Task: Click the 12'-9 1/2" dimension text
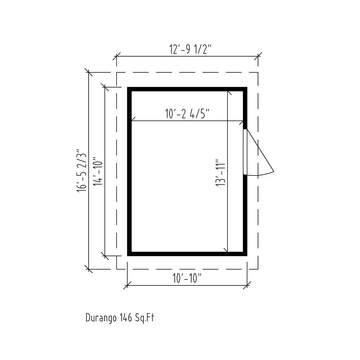190,49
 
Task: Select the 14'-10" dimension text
98,171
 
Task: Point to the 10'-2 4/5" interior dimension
187,114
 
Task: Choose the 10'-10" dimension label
187,278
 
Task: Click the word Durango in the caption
101,318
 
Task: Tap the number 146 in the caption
126,318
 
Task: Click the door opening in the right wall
245,152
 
